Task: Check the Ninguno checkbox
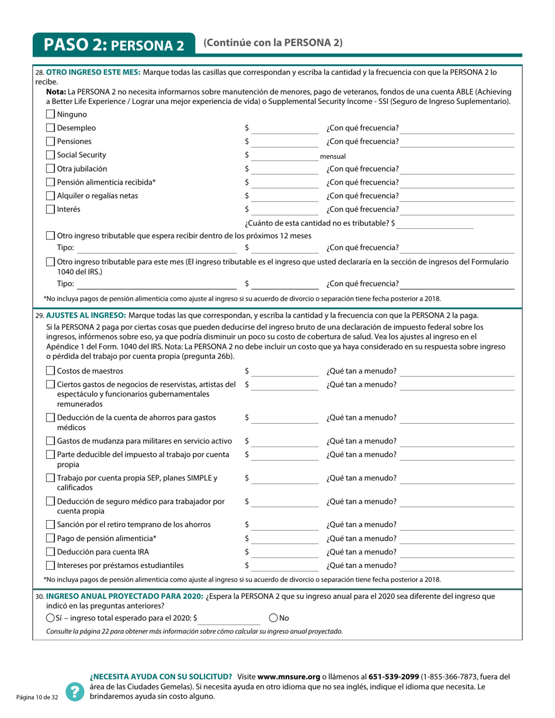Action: point(50,114)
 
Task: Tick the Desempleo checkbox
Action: point(50,128)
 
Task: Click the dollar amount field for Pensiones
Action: point(286,142)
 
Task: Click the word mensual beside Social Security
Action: point(333,156)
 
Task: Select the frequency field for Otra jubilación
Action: point(458,169)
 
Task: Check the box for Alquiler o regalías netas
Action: point(50,196)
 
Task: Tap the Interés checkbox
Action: point(50,210)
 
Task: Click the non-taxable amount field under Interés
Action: point(435,223)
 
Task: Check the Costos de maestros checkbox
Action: point(50,371)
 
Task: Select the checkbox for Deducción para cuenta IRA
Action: point(50,552)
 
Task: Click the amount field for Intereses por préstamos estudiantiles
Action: point(286,566)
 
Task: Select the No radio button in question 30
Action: point(273,618)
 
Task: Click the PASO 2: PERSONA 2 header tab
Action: point(114,45)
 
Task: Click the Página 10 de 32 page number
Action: point(37,698)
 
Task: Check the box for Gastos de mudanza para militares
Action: point(50,441)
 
